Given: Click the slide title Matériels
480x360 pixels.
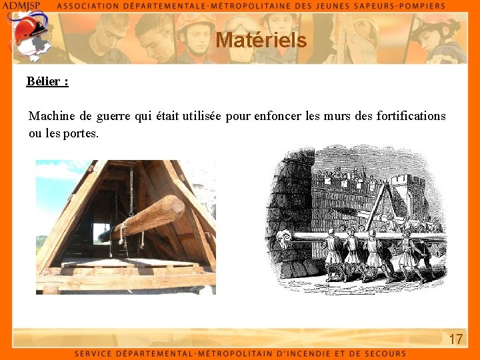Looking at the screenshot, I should (x=261, y=41).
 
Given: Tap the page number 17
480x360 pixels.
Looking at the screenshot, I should (x=456, y=339).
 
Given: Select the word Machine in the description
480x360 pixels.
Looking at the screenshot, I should (x=51, y=116).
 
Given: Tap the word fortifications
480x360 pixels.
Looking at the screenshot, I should (x=411, y=116).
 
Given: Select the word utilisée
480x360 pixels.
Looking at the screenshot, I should (x=198, y=116).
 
